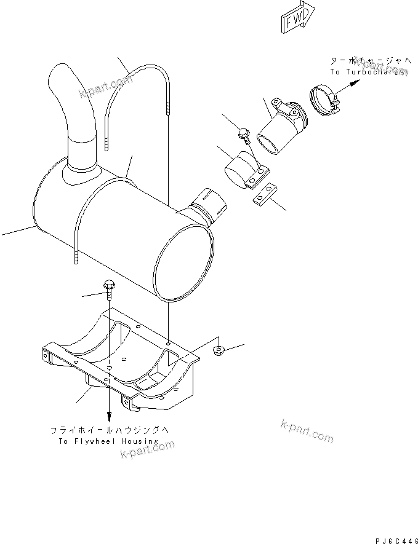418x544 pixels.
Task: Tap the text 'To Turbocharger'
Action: (368, 72)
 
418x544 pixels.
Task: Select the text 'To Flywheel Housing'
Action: (108, 441)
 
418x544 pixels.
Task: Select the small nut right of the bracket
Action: (217, 351)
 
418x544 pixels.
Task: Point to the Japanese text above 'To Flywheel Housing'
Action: (108, 430)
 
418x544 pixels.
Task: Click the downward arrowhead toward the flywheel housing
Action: (110, 417)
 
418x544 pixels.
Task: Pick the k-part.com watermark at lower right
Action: (306, 431)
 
